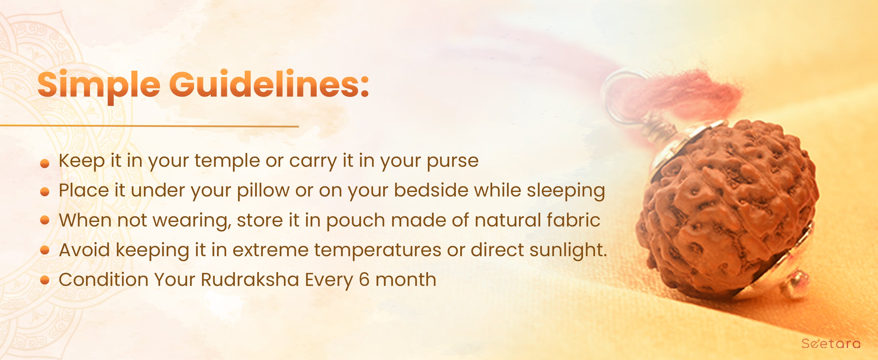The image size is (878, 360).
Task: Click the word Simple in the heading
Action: coord(99,85)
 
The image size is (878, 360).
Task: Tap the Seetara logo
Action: coord(831,343)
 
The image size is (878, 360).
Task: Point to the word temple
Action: coord(227,161)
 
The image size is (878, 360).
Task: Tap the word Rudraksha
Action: coord(250,280)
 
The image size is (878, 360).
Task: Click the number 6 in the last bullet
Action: coord(364,280)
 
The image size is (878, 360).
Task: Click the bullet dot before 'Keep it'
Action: coord(45,164)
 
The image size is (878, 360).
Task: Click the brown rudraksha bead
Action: coord(726,208)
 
